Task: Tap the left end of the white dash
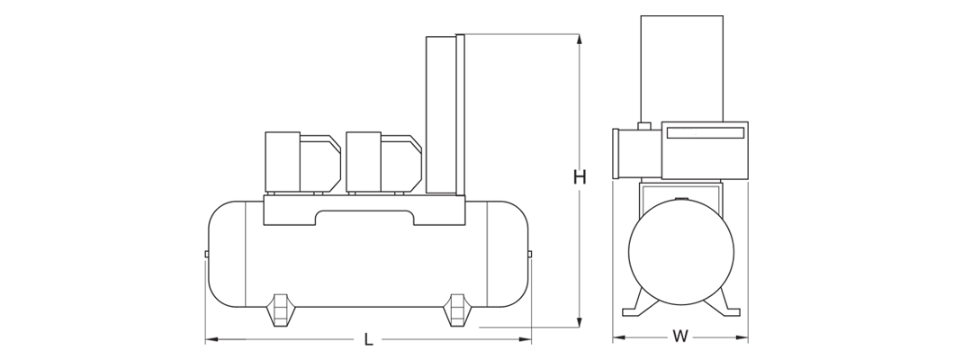(670, 135)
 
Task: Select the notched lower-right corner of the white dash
(696, 137)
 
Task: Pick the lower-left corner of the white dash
(670, 137)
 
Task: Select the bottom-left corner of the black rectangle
(205, 344)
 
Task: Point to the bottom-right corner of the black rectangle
(747, 344)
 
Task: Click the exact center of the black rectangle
(476, 180)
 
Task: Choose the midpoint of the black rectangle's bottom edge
(476, 344)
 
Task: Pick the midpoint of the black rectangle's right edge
(747, 180)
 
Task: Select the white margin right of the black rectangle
(850, 180)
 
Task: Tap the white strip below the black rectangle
(476, 353)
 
